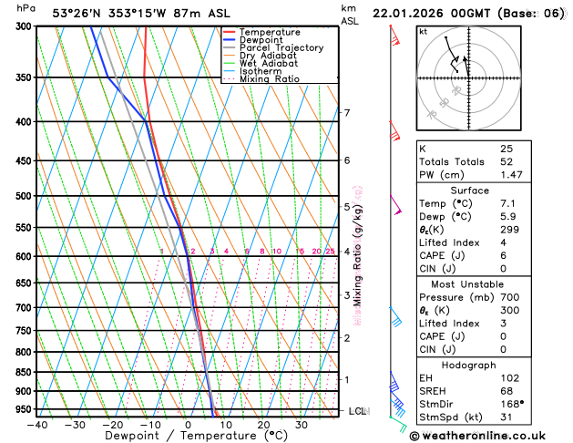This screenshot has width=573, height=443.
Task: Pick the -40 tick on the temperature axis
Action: tap(36, 425)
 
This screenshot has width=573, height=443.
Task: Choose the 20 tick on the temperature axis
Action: tap(262, 425)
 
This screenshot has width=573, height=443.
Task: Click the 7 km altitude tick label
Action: tap(346, 113)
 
